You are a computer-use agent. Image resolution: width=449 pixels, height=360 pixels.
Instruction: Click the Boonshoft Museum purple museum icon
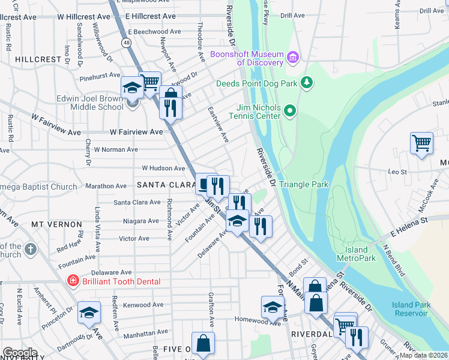pos(293,58)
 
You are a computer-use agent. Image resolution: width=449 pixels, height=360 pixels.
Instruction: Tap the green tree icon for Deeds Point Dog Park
pos(307,82)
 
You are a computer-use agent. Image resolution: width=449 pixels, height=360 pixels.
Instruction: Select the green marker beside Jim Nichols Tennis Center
pos(290,110)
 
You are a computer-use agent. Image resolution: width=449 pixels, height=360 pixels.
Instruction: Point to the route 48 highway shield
pos(126,43)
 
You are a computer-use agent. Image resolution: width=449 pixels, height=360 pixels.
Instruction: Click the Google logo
pos(20,353)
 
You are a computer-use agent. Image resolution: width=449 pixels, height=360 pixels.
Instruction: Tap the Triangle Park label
pos(304,184)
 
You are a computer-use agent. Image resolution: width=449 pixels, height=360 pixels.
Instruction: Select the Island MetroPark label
pos(361,254)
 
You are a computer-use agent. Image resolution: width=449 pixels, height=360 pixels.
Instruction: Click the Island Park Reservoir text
pos(411,309)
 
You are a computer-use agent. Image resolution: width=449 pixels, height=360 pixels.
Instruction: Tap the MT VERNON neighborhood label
pos(56,224)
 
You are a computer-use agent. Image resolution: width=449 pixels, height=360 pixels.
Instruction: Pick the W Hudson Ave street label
pos(163,169)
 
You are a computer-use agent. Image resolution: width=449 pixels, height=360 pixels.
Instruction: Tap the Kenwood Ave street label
pos(145,305)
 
